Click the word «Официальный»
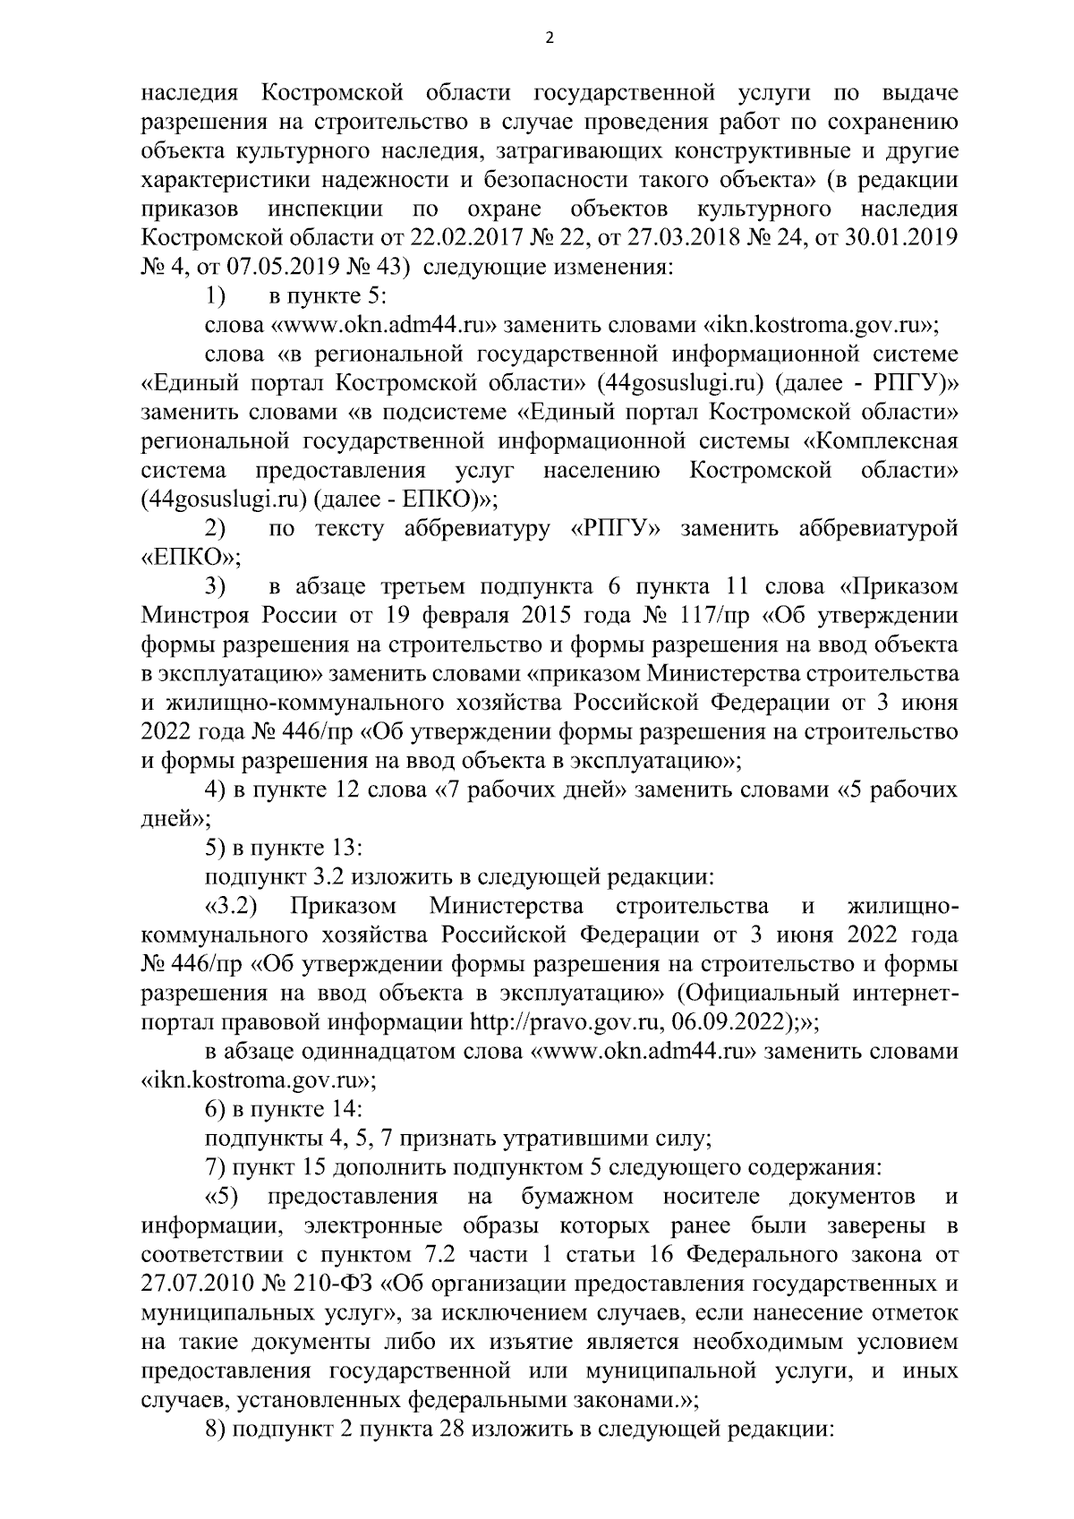[773, 993]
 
